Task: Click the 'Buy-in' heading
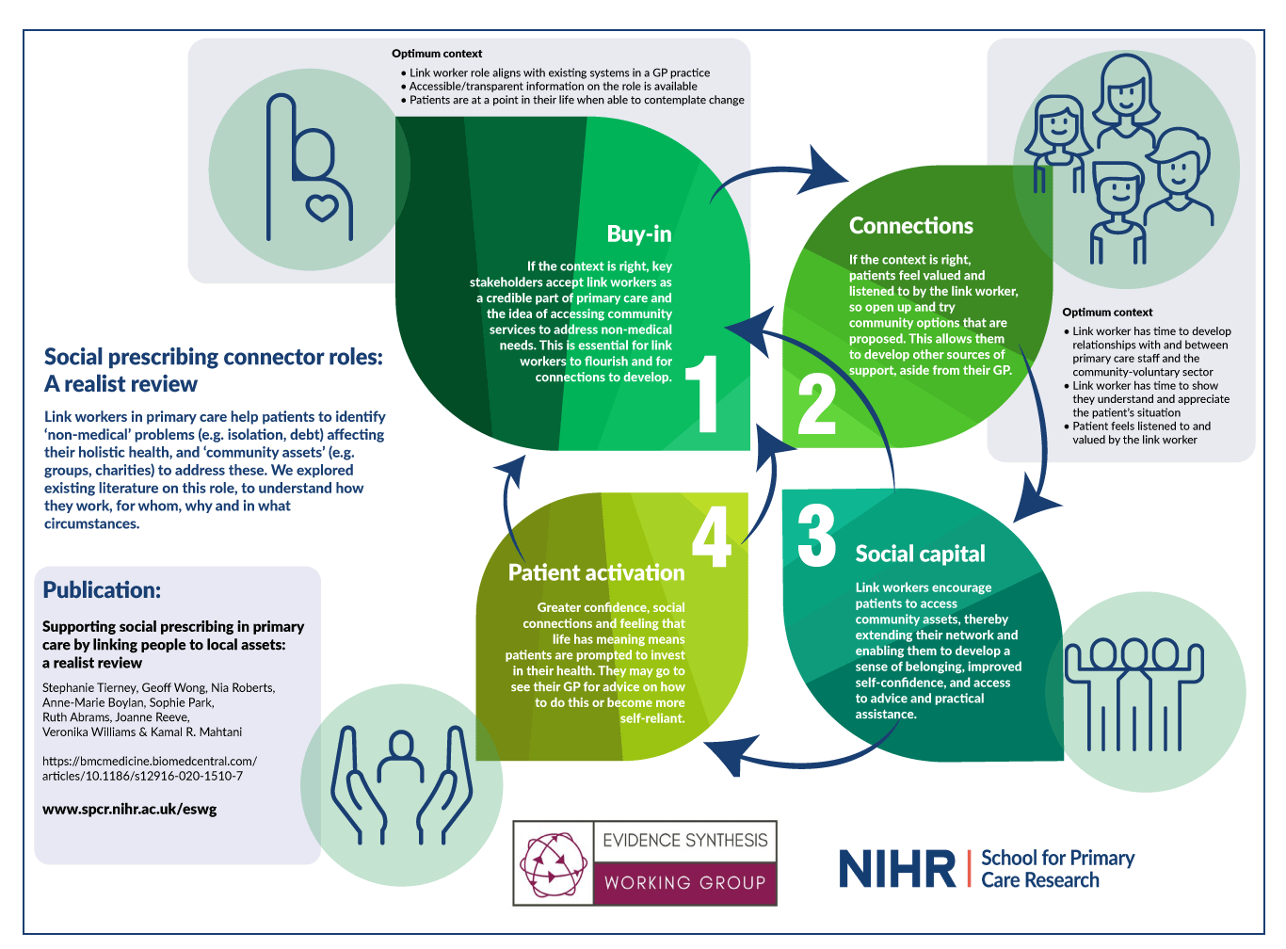pos(639,233)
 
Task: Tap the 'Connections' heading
pos(910,226)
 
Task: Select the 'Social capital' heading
pos(920,554)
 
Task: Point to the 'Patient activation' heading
pos(596,572)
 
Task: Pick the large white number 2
pos(816,406)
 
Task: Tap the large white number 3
pos(816,536)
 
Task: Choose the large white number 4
pos(712,536)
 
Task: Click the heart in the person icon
pos(322,207)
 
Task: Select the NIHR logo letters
pos(896,868)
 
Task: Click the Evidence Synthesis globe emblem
pos(554,862)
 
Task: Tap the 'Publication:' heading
pos(102,590)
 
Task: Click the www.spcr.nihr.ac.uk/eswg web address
pos(129,809)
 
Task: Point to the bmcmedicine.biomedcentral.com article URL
pos(149,768)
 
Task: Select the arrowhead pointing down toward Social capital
pos(1037,504)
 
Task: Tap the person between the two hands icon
pos(402,763)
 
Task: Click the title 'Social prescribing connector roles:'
pos(214,357)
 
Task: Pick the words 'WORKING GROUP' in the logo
pos(684,883)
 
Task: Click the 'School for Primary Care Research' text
pos(1057,869)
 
